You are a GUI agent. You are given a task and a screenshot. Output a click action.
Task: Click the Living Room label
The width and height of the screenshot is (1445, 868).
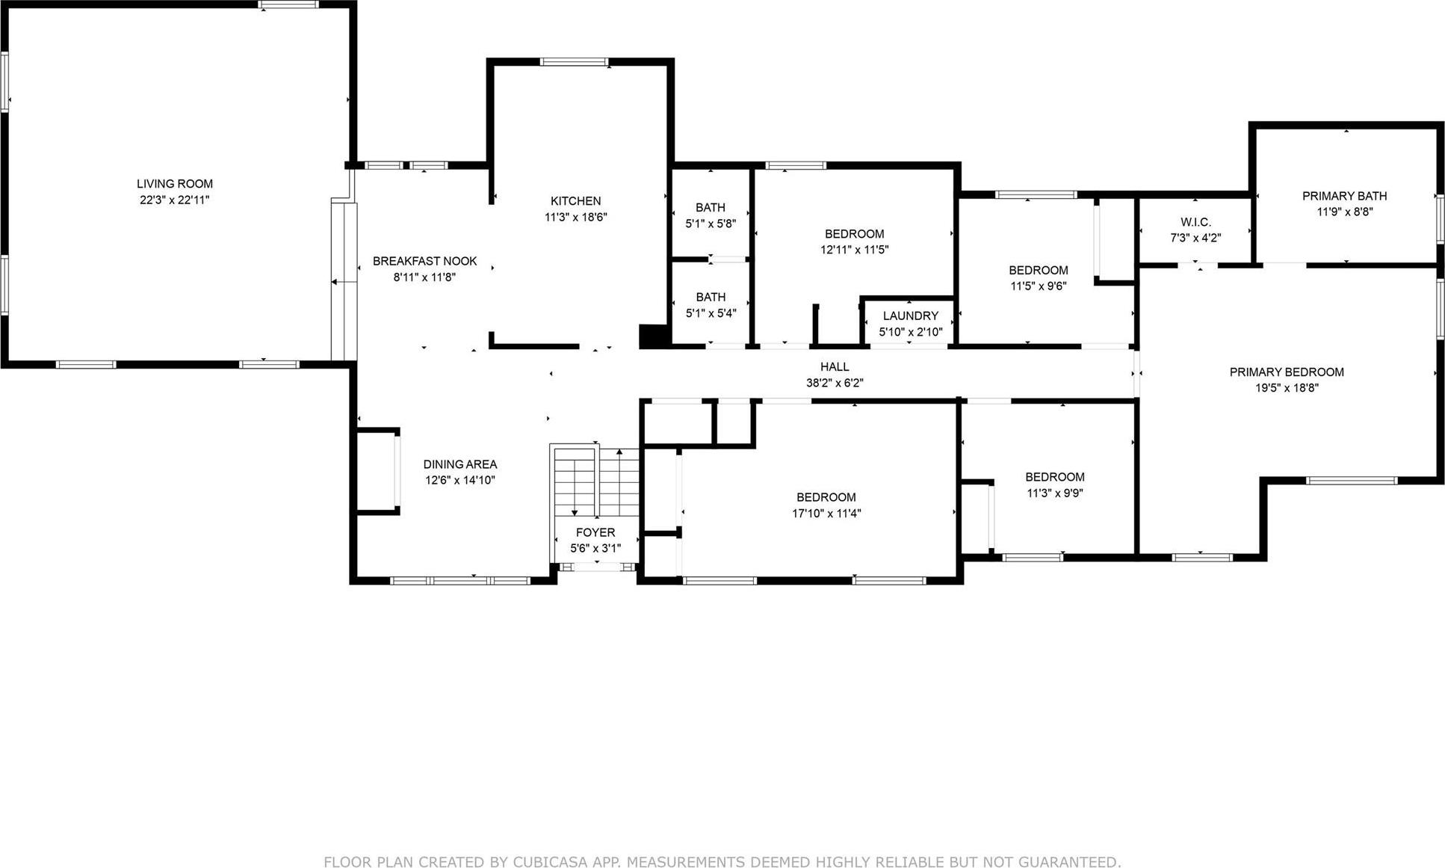(174, 184)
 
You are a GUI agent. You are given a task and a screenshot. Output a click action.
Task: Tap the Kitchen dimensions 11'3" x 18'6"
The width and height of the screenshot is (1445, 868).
(575, 218)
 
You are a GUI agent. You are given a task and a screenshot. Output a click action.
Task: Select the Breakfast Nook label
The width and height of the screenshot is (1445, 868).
(424, 261)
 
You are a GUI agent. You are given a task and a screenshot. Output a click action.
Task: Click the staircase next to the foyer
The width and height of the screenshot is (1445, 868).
(596, 480)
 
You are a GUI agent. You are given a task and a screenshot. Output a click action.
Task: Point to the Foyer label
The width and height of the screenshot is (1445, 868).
(595, 532)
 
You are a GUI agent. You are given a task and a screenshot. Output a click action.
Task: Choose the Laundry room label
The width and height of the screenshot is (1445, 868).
(910, 316)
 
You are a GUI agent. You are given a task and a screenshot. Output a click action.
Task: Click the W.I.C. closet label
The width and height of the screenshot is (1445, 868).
(1195, 222)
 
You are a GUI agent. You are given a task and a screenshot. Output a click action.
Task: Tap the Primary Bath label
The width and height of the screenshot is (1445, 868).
(1344, 196)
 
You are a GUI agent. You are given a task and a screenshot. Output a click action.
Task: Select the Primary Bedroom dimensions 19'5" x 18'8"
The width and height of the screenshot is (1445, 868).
(1287, 388)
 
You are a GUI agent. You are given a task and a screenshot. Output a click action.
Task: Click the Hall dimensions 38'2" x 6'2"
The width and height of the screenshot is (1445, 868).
(834, 383)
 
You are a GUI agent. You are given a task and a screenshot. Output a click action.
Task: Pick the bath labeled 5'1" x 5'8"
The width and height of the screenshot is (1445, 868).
(710, 215)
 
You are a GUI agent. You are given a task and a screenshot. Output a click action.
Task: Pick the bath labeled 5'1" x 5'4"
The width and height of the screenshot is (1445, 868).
(710, 305)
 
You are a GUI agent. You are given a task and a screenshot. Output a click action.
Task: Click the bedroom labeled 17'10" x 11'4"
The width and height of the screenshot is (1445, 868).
(826, 505)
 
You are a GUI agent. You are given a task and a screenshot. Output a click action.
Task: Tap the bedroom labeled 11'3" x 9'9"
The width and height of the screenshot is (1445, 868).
(1054, 485)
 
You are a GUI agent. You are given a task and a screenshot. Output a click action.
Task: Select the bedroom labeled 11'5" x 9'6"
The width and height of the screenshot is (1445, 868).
(1038, 278)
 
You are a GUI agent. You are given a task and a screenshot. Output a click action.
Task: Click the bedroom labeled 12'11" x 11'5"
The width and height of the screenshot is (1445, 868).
(854, 241)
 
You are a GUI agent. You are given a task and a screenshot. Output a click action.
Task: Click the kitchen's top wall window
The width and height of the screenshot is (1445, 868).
(574, 62)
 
